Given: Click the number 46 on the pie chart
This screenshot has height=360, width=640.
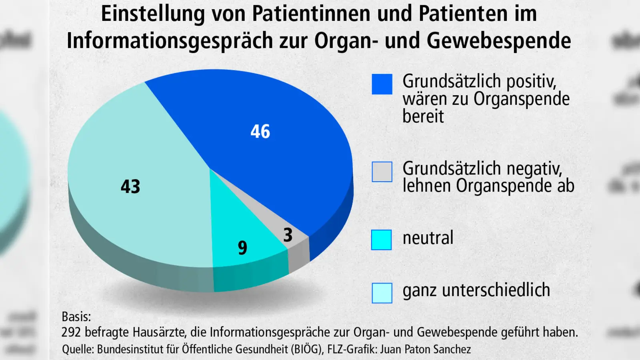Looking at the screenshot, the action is (x=260, y=132).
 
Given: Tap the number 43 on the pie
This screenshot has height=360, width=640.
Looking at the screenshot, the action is (x=130, y=186).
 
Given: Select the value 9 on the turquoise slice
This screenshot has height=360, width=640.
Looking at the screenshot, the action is (x=242, y=248).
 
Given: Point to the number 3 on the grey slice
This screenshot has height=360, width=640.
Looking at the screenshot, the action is (x=288, y=235).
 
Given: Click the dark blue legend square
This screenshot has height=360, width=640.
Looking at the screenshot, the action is (x=382, y=84).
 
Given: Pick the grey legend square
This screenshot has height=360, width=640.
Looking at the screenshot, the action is (x=382, y=172).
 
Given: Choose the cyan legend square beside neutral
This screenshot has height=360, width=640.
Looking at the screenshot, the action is (x=382, y=240).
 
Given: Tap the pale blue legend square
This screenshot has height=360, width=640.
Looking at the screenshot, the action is (x=382, y=293).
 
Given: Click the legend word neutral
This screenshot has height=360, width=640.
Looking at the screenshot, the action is (x=428, y=238).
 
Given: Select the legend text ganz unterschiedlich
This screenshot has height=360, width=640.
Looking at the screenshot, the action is (x=476, y=290).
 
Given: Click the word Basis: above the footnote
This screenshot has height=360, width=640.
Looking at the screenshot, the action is (x=76, y=316).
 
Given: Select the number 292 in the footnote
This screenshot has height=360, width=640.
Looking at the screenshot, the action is (x=71, y=332).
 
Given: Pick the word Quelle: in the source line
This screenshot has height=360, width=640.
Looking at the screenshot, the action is (x=78, y=349).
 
